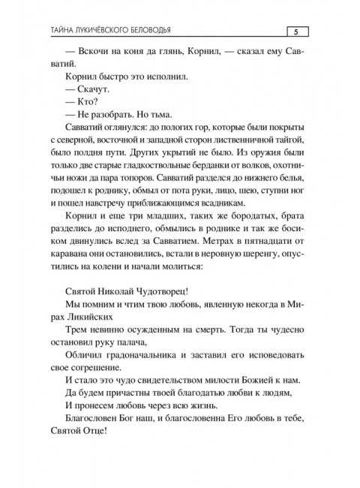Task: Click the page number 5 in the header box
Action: pos(296,31)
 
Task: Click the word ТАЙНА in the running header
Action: pos(63,31)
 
